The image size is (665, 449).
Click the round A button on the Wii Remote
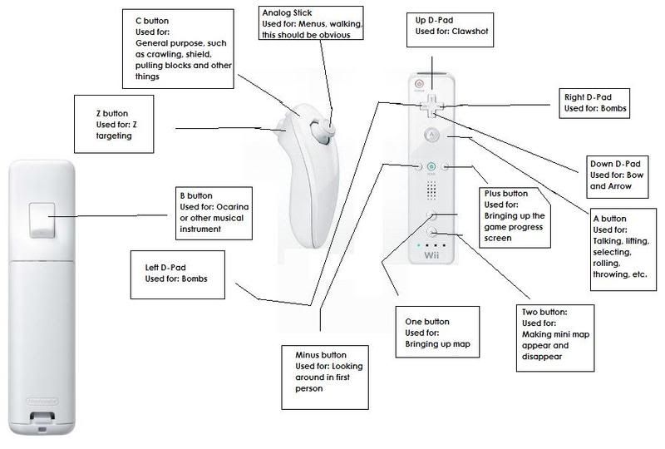tap(431, 134)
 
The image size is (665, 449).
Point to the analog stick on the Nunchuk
tap(328, 126)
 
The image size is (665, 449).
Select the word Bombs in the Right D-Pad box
tap(613, 109)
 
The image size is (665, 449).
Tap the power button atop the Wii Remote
tap(418, 81)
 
